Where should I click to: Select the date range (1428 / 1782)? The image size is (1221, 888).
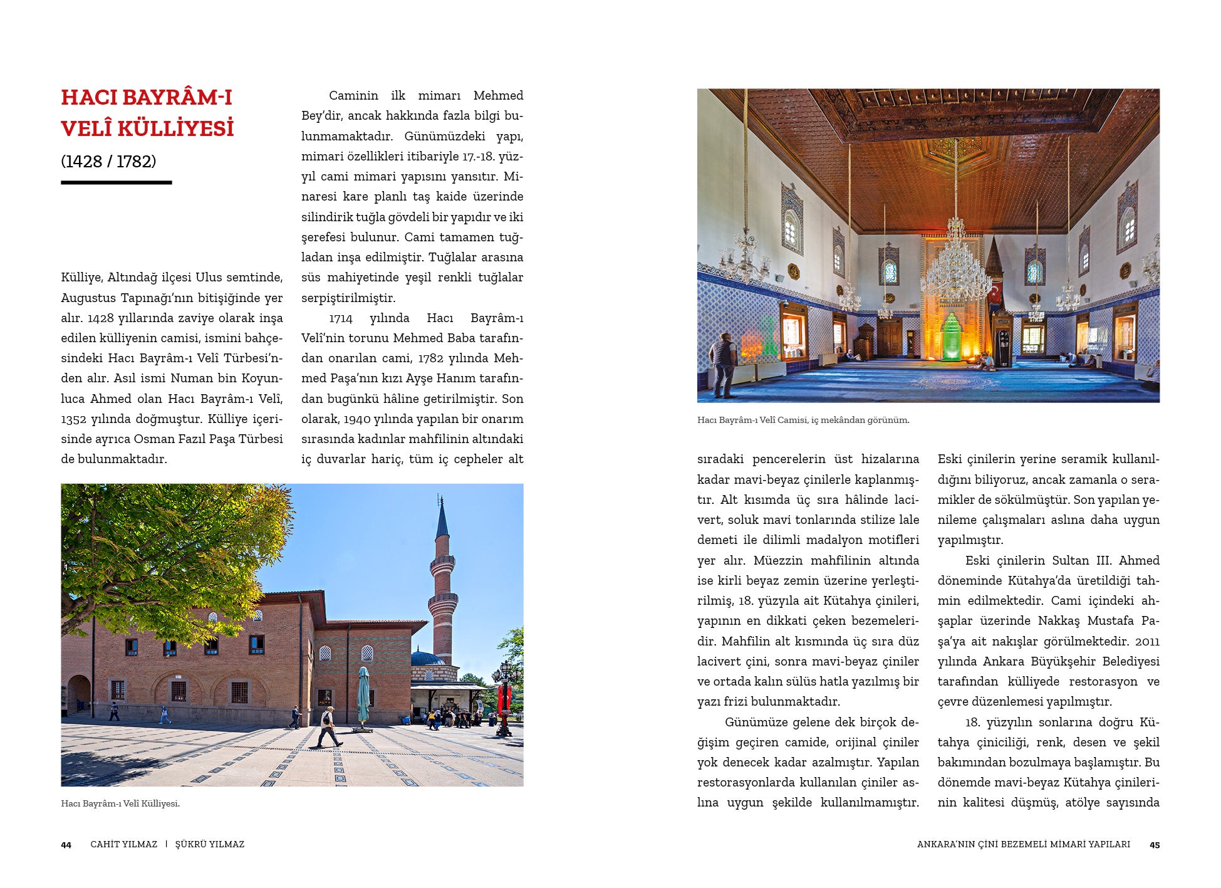108,162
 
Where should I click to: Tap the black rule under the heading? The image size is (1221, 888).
116,182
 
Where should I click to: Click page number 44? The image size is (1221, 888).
66,845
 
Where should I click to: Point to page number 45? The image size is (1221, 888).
1154,845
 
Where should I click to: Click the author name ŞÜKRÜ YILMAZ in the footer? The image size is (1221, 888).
209,844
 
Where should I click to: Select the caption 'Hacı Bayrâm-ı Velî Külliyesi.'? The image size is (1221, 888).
120,803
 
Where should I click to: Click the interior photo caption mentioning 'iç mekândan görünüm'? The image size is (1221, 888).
803,420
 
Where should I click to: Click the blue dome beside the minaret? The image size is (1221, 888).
427,658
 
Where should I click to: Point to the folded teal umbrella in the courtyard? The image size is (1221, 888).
363,696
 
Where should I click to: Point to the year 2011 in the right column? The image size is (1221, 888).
1146,641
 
